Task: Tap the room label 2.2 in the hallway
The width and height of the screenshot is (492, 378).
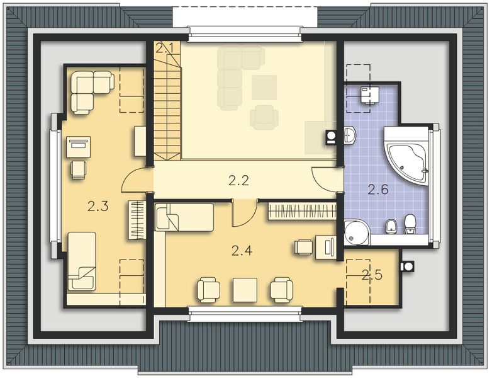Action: [238, 181]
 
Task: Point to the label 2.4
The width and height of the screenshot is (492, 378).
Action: [242, 251]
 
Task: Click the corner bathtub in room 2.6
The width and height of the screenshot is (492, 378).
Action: [406, 153]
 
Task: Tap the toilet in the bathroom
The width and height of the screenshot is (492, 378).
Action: [410, 223]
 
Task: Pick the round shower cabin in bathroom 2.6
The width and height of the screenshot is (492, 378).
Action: [356, 232]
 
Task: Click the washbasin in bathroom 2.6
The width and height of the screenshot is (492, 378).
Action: [350, 134]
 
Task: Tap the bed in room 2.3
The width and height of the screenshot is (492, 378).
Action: [82, 261]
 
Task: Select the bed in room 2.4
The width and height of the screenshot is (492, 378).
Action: [184, 217]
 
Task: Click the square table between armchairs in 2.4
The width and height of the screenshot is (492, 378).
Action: [245, 290]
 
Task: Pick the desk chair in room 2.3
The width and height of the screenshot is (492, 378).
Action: [79, 169]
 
